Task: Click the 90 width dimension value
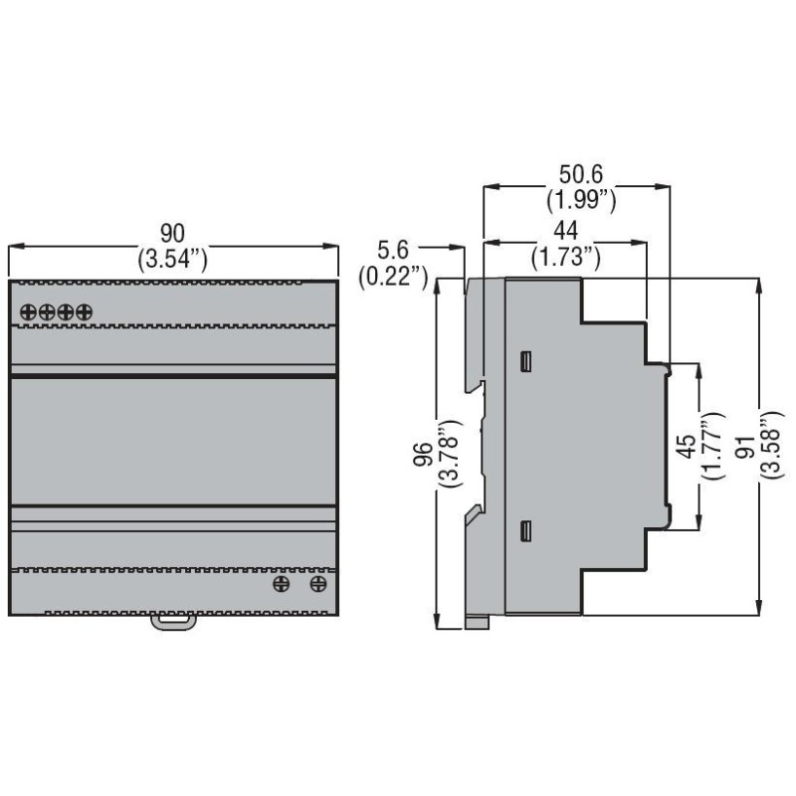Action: (172, 234)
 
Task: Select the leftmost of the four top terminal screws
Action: (29, 311)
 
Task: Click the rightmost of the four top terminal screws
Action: (84, 311)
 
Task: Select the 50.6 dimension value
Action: (581, 175)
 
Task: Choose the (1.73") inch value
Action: (565, 258)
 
